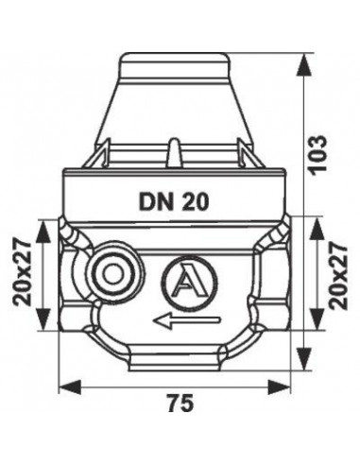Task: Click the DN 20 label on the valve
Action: coord(174,201)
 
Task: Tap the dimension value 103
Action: coord(317,155)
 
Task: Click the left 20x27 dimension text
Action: coord(23,274)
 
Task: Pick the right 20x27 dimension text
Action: coord(338,276)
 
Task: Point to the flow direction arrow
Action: coord(186,320)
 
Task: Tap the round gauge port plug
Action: coord(111,274)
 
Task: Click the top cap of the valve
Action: coord(174,66)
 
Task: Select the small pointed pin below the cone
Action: coord(173,153)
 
